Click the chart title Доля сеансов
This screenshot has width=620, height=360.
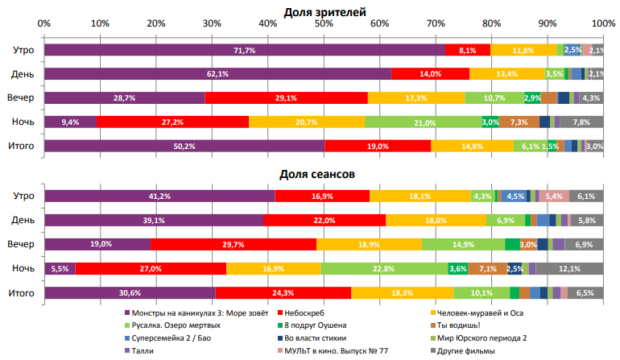pyautogui.click(x=317, y=173)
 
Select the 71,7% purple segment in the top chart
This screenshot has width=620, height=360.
pyautogui.click(x=244, y=50)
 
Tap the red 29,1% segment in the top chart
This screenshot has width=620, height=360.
pyautogui.click(x=286, y=97)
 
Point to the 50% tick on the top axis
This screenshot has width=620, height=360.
pyautogui.click(x=324, y=23)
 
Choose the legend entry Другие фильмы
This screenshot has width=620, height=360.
pyautogui.click(x=473, y=350)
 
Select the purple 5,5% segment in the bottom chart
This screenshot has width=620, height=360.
pyautogui.click(x=60, y=268)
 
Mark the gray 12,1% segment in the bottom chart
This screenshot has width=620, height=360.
pyautogui.click(x=569, y=268)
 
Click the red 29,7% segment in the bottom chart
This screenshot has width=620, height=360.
pyautogui.click(x=234, y=244)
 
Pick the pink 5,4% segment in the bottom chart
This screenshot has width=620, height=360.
pyautogui.click(x=554, y=196)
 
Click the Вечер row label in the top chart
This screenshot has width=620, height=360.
pyautogui.click(x=22, y=97)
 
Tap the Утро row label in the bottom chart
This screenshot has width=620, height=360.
pyautogui.click(x=23, y=196)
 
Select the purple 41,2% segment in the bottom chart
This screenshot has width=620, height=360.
pyautogui.click(x=159, y=196)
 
